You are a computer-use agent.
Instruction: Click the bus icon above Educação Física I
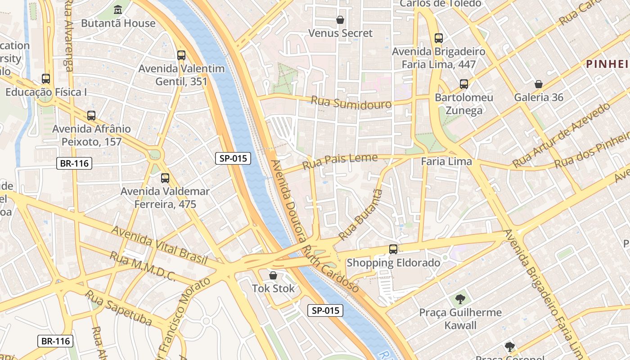coord(46,79)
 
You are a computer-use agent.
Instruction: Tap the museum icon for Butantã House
coord(118,9)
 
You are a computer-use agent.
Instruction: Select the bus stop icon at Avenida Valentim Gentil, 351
coord(181,55)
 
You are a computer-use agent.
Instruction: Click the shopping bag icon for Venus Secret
coord(340,20)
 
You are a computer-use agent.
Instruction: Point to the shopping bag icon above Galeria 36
coord(538,84)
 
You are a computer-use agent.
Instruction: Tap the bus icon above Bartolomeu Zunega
coord(464,84)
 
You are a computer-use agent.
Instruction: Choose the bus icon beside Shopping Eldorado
coord(393,249)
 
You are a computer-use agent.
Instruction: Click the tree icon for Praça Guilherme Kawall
coord(460,299)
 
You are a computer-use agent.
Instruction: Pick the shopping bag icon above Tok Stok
coord(273,275)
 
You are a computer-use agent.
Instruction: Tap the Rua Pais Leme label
coord(340,161)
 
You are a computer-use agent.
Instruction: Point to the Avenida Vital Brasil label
coord(159,245)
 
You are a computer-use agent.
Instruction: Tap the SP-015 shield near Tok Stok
coord(325,310)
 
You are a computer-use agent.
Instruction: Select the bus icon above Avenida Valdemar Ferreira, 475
coord(165,178)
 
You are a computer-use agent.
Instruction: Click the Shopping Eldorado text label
coord(393,263)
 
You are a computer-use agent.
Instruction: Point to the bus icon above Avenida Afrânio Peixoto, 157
coord(91,116)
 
